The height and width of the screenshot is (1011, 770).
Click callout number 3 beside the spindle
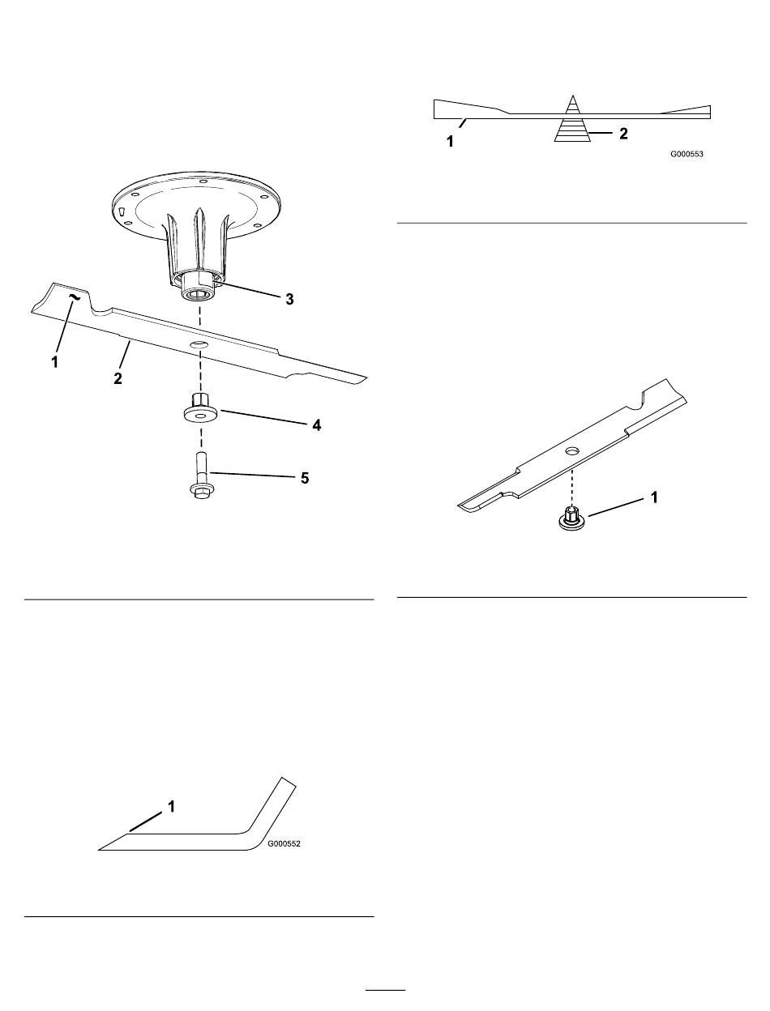(289, 300)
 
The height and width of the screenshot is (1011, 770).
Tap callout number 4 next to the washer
(316, 425)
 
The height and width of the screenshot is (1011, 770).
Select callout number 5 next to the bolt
(305, 478)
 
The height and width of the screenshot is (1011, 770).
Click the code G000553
(687, 154)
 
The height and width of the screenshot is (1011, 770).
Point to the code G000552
(284, 844)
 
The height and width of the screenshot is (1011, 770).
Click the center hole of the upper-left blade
(197, 344)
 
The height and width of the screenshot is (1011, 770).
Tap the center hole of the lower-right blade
(572, 450)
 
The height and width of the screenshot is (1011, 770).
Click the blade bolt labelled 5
(200, 476)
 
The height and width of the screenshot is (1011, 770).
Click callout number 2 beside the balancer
(623, 134)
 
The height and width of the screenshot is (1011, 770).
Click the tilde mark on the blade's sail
(73, 297)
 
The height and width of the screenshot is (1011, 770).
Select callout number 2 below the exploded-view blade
(118, 378)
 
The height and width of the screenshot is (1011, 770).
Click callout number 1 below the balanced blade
(450, 142)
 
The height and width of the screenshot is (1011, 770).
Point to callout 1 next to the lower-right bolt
(653, 497)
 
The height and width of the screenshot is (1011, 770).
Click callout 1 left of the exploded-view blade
(54, 362)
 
